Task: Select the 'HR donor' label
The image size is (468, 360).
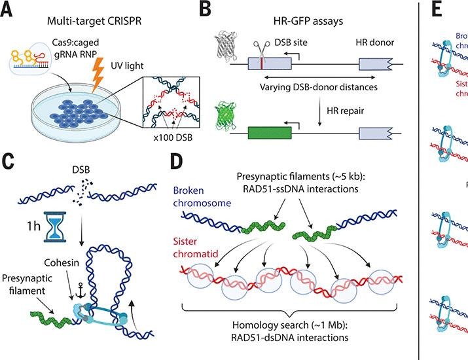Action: (x=374, y=42)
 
